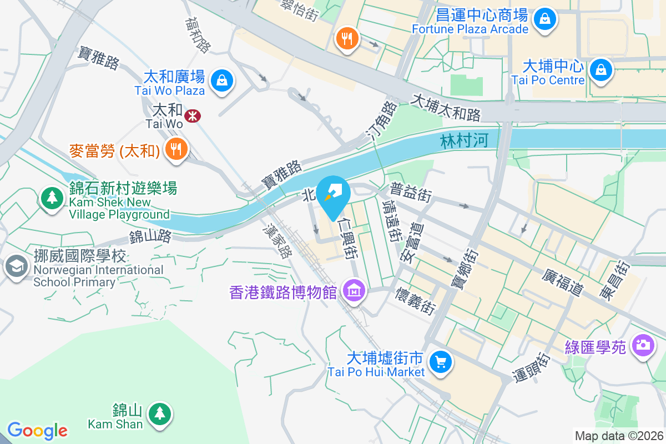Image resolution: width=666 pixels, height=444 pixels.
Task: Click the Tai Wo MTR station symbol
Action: (193, 116)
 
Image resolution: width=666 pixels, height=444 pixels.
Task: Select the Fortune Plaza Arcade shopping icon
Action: (546, 19)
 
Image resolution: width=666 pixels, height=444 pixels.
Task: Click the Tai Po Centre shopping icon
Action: (601, 70)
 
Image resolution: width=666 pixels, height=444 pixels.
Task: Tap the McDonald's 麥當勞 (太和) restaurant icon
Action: (176, 149)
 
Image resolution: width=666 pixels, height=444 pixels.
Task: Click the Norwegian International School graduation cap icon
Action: (17, 266)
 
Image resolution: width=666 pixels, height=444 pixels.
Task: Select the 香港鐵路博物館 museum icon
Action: (354, 290)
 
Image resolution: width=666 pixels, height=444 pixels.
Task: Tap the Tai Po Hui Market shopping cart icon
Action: (441, 363)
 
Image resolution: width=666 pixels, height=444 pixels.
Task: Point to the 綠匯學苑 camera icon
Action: (643, 345)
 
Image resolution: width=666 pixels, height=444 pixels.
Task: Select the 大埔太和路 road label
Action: (446, 108)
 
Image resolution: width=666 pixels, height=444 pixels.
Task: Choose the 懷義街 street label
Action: (416, 300)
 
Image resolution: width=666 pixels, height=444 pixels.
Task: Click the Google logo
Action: (37, 431)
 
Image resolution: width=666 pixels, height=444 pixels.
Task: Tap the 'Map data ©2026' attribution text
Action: (618, 436)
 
